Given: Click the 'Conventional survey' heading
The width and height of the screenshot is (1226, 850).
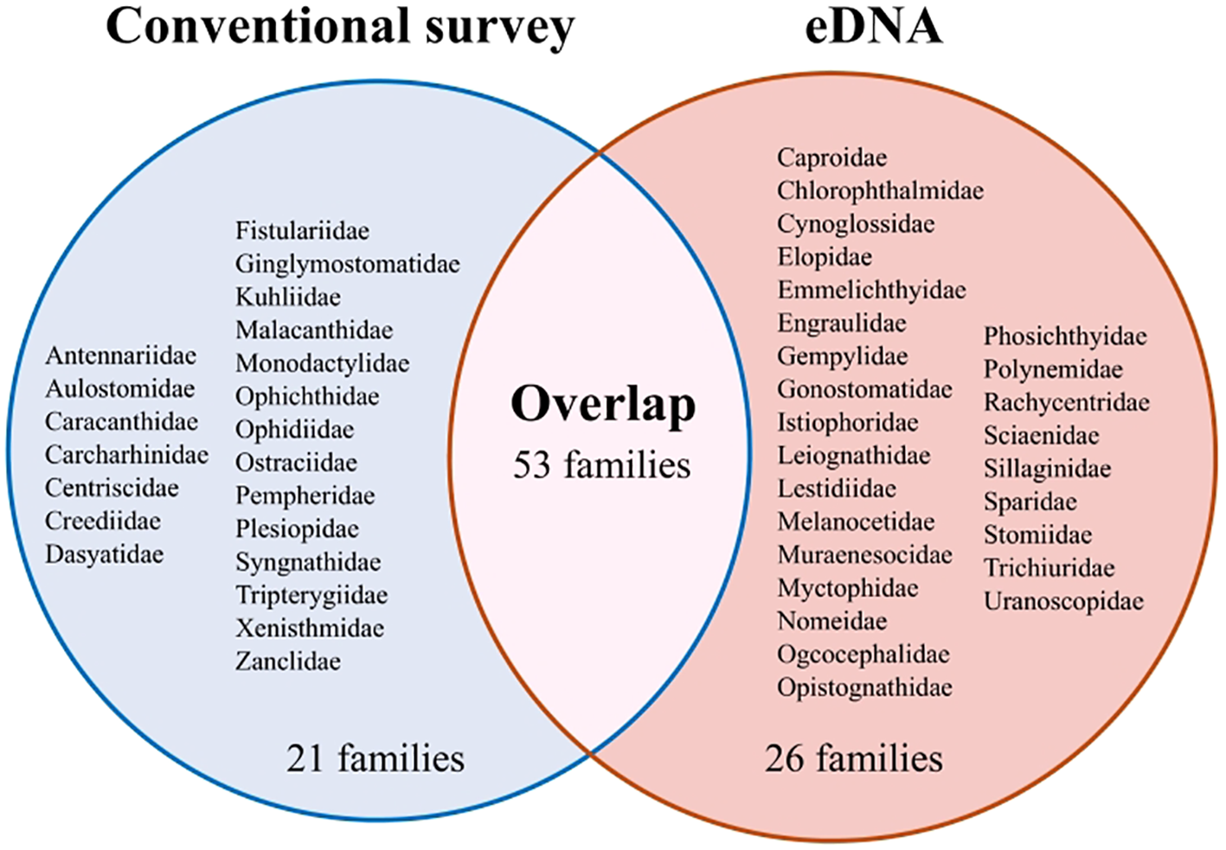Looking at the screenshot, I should click(340, 27).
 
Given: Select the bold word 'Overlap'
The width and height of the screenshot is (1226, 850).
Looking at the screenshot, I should click(603, 404).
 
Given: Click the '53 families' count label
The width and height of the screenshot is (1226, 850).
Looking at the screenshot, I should click(602, 465).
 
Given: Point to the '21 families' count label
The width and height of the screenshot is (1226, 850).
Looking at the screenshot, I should click(375, 758).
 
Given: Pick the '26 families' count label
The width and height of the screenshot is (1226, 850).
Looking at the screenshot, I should click(853, 758).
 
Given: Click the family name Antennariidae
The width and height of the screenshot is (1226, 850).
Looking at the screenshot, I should click(121, 355).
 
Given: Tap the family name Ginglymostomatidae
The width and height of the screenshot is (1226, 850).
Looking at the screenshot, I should click(348, 264).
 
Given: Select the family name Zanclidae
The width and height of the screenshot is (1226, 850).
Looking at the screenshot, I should click(288, 661).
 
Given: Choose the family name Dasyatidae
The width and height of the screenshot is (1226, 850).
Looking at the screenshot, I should click(105, 554).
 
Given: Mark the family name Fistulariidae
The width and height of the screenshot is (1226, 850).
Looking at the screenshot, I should click(302, 231).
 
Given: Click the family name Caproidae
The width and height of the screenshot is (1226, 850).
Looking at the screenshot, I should click(831, 157).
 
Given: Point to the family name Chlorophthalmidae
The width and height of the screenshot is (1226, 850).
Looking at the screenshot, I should click(880, 190).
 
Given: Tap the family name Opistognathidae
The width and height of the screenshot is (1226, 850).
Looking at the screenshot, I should click(864, 687).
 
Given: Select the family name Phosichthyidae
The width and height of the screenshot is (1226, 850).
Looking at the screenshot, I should click(1065, 336).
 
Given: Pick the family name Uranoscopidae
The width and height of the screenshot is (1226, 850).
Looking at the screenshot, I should click(1063, 601).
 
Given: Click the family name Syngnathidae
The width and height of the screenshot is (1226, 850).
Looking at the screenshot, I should click(308, 562).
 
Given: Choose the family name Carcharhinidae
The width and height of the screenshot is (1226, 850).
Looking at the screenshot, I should click(127, 455).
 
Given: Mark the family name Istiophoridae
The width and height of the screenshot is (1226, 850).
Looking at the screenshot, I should click(847, 423).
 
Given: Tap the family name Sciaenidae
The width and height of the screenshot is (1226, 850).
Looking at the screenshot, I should click(1041, 436).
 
